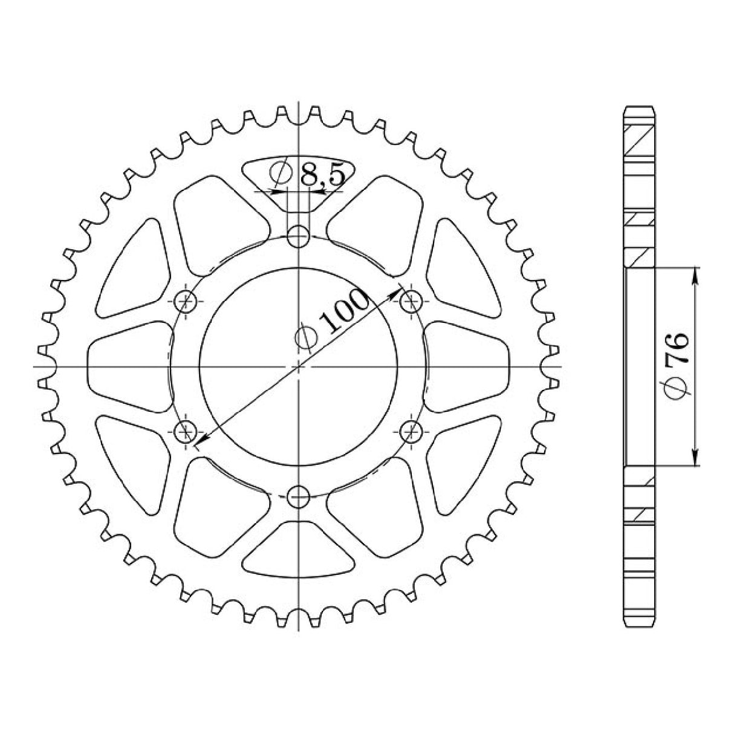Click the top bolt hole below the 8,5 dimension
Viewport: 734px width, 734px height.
click(x=298, y=236)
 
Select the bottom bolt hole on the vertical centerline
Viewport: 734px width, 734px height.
click(x=298, y=497)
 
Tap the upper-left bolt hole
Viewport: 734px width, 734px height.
click(x=186, y=300)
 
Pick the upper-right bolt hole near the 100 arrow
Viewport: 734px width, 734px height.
click(x=411, y=300)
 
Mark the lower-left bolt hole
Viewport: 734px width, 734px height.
click(x=186, y=431)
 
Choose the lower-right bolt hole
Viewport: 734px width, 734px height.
click(x=411, y=431)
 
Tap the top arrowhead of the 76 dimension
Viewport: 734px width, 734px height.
click(x=695, y=274)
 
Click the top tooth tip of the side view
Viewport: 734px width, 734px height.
click(x=638, y=108)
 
